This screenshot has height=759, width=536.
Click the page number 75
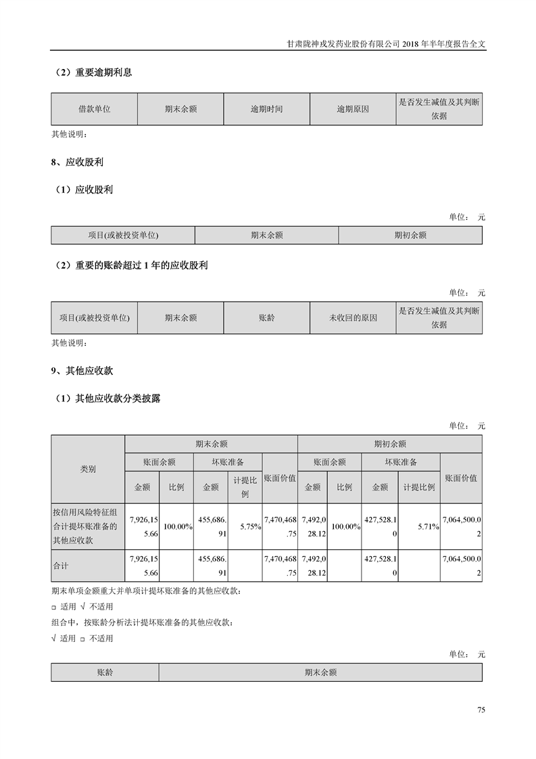point(481,710)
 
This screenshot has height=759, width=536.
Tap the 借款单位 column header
point(94,108)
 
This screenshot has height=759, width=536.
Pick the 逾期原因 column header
point(353,108)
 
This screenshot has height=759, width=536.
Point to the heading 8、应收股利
point(77,163)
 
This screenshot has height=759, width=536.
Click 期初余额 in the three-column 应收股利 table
point(410,235)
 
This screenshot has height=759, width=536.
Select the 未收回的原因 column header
point(353,318)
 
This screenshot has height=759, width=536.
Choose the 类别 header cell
point(88,469)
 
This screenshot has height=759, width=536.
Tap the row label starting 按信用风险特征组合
point(88,526)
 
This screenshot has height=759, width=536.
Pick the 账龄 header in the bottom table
point(105,672)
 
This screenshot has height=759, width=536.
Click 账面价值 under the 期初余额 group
point(460,478)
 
